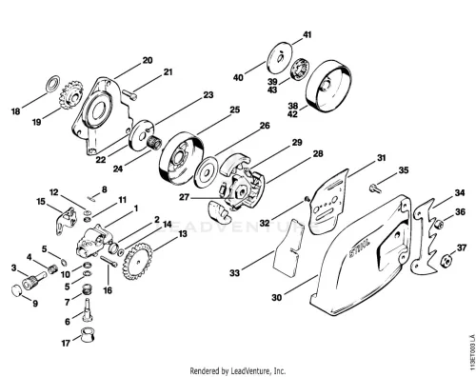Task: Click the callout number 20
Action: point(148,60)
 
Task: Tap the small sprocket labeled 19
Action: point(71,95)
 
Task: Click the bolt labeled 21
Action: point(129,94)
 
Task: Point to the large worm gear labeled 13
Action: point(137,261)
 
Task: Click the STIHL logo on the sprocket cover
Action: point(360,248)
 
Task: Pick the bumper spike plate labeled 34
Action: point(425,236)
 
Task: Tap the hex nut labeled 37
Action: point(446,261)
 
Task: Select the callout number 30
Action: point(277,297)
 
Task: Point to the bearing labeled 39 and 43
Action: point(300,69)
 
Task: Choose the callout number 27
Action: point(184,197)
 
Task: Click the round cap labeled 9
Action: point(17,290)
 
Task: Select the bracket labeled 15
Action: point(67,220)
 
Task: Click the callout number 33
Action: point(234,272)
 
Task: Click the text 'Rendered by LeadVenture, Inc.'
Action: point(238,370)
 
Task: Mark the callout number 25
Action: point(235,109)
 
